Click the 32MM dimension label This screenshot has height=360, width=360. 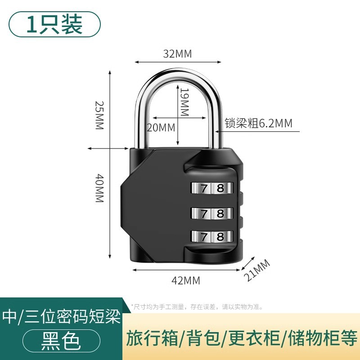pyautogui.click(x=177, y=54)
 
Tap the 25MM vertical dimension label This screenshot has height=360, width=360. pyautogui.click(x=99, y=115)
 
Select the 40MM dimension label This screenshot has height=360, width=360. pyautogui.click(x=99, y=188)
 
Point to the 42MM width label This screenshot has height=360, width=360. pyautogui.click(x=186, y=280)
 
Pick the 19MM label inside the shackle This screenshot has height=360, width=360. pyautogui.click(x=184, y=102)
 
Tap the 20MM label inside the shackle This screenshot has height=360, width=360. pyautogui.click(x=161, y=127)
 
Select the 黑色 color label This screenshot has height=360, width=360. pyautogui.click(x=61, y=341)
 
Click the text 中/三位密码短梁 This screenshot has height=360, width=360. pyautogui.click(x=62, y=318)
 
